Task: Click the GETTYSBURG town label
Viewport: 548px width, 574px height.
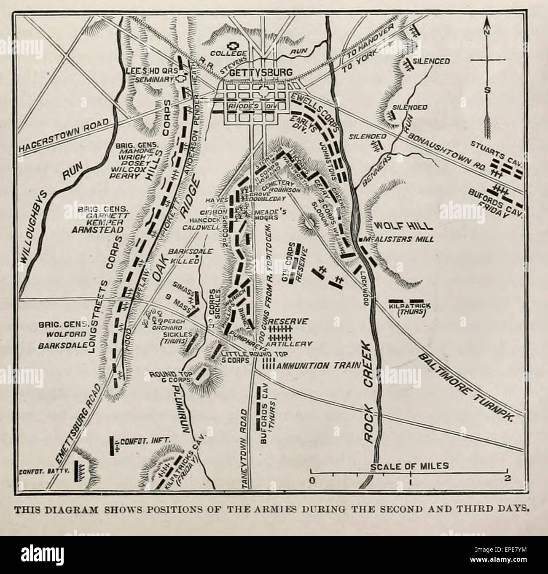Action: (261, 73)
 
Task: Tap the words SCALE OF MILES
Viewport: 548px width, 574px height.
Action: (409, 466)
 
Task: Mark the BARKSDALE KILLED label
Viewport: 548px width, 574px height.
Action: (183, 256)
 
